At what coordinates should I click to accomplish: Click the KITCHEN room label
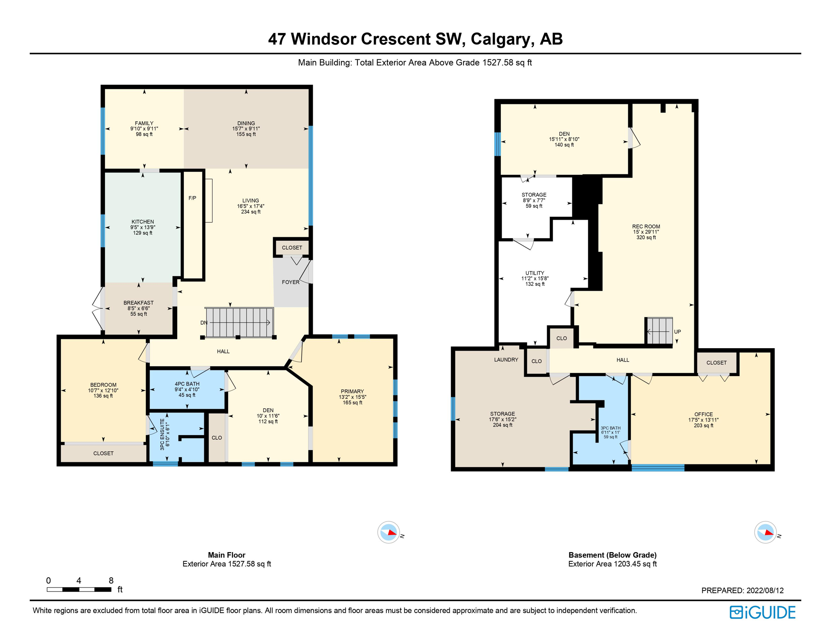coord(143,222)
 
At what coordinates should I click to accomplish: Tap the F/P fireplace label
coord(192,198)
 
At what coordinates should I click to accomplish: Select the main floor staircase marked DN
coord(239,322)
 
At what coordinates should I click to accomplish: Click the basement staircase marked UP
coord(660,331)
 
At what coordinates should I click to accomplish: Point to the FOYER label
coord(291,282)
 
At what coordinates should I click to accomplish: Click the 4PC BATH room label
coord(187,384)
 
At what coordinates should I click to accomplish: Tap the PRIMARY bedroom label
coord(352,392)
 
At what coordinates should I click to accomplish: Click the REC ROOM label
coord(646,227)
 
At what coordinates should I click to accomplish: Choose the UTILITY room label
coord(535,273)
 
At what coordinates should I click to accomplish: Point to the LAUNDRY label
coord(506,360)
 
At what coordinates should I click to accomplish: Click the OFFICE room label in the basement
coord(704,415)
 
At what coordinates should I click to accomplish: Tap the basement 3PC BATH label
coord(610,428)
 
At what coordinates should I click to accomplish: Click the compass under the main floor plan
coord(389,532)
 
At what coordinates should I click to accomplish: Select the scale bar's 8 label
coord(111,581)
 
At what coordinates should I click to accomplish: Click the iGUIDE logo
coord(762,613)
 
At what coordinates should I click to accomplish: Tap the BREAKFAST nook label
coord(138,303)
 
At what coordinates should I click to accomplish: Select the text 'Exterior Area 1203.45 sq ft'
coord(612,564)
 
